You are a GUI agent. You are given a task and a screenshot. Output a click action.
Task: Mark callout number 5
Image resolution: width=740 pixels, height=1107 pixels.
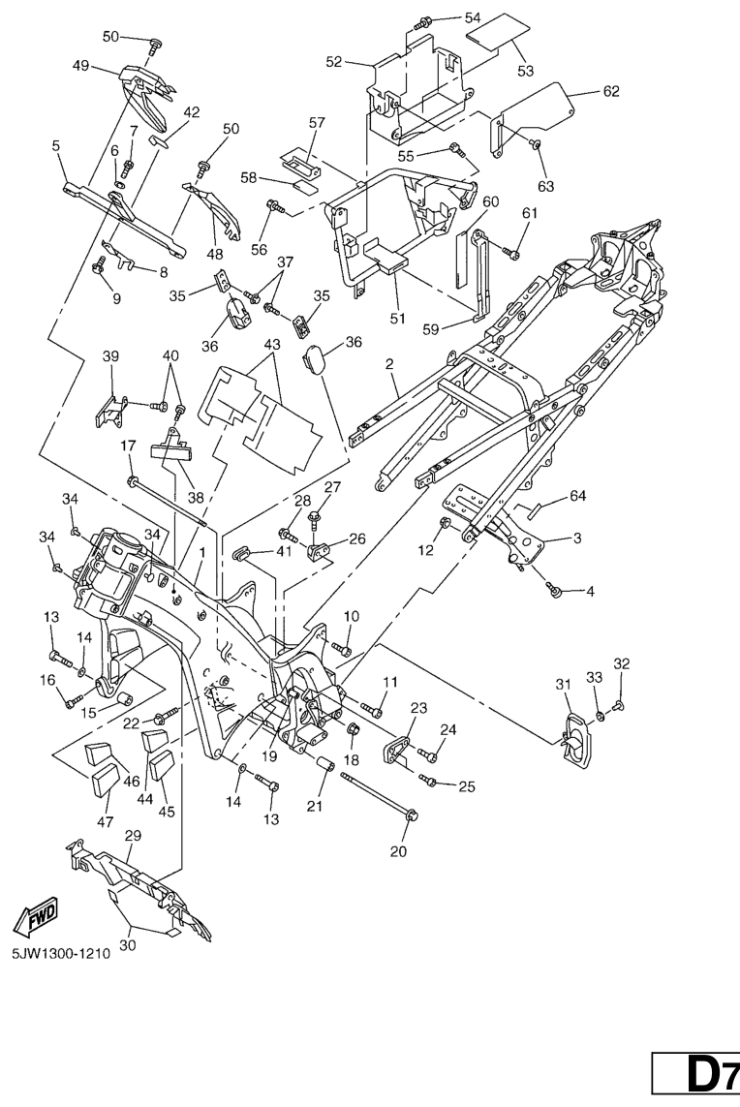pos(56,146)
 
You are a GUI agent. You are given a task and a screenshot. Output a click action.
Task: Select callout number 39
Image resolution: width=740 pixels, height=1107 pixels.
pos(110,356)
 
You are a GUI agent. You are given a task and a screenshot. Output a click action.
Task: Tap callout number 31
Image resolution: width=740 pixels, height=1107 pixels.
pos(563,686)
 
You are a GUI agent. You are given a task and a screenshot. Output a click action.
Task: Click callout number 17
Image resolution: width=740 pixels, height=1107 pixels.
pos(128,446)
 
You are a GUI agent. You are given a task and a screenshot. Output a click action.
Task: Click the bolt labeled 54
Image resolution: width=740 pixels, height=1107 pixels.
pos(423,20)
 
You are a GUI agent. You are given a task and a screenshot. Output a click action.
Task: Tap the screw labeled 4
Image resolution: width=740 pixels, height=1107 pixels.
pos(556,588)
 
